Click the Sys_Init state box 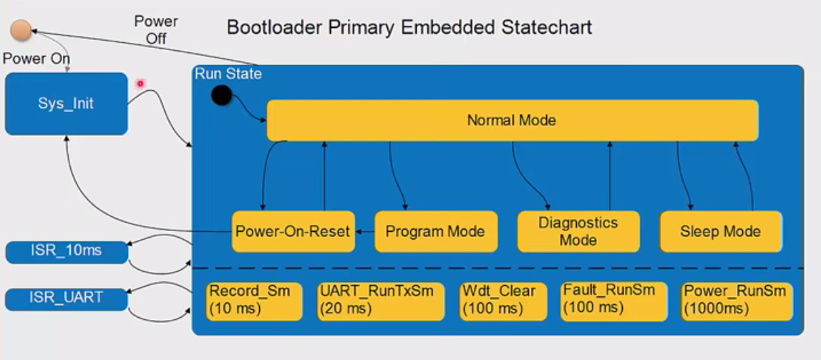(66, 104)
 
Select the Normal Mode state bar (512, 120)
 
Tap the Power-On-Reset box (293, 231)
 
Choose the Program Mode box (435, 231)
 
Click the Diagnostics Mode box (578, 231)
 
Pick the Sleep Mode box (720, 231)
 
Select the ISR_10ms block (67, 252)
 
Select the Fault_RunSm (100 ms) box (613, 301)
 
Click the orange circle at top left (21, 31)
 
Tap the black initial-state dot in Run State (222, 95)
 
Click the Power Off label (156, 29)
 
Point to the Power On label (37, 59)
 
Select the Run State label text (228, 74)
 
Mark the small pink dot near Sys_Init (140, 84)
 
